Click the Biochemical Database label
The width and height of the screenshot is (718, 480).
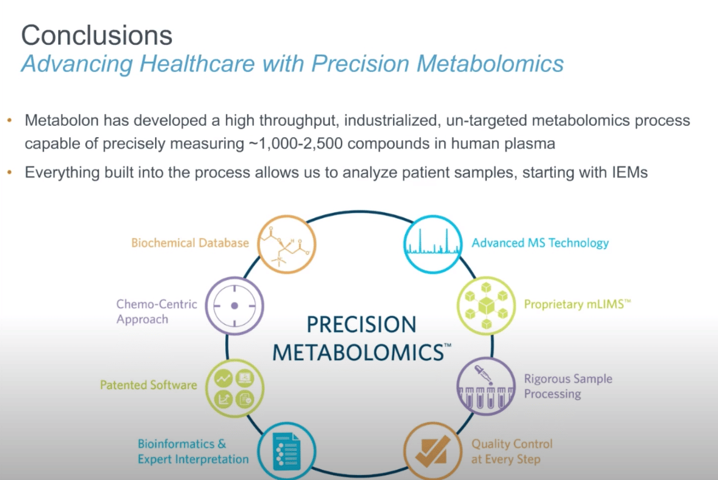(x=190, y=243)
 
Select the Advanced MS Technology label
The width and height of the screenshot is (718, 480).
(x=540, y=243)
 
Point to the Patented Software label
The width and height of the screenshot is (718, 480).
(x=149, y=384)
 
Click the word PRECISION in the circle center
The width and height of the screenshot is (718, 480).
(x=361, y=325)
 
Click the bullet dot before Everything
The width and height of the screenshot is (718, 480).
(x=9, y=173)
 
